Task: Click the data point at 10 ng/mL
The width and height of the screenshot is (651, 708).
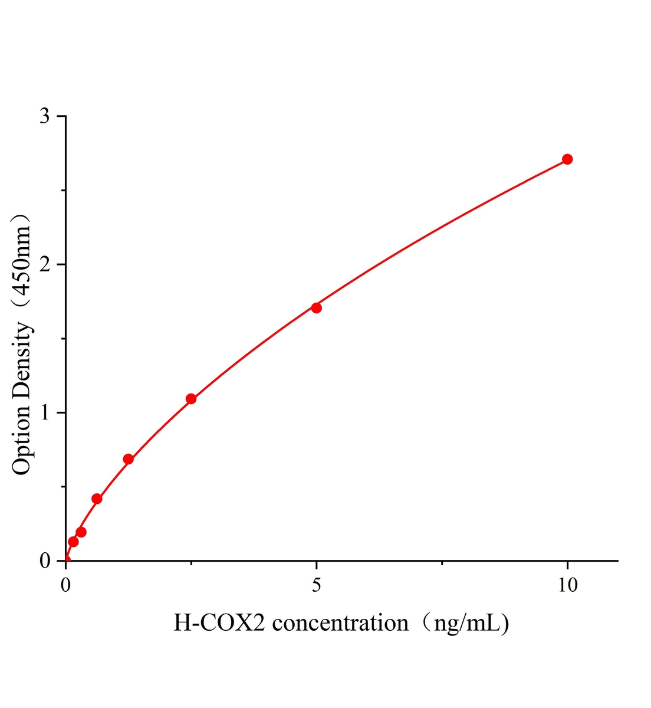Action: coord(567,159)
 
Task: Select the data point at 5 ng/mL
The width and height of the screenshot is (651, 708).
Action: coord(317,307)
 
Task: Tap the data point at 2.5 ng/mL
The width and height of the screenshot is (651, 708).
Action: coord(191,399)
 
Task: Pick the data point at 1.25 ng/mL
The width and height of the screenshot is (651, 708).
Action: coord(128,459)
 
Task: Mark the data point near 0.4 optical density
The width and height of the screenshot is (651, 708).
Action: coord(97,499)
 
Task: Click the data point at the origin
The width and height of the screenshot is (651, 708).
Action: coord(66,560)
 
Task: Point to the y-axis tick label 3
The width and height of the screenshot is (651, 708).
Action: coord(45,116)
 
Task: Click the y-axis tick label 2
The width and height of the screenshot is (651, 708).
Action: coord(45,264)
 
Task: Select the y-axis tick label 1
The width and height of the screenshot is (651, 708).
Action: coord(45,412)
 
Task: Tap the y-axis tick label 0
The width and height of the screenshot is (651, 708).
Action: coord(45,560)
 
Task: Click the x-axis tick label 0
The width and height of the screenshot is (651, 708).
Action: coord(66,585)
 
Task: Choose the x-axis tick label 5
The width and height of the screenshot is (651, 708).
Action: coord(317,585)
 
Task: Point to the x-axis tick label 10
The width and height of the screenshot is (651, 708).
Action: coord(567,585)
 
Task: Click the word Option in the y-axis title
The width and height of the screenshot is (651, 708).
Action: coord(22,439)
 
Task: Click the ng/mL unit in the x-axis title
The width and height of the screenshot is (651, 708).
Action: coord(466,622)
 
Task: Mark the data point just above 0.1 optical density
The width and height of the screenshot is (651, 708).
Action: coord(73,542)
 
